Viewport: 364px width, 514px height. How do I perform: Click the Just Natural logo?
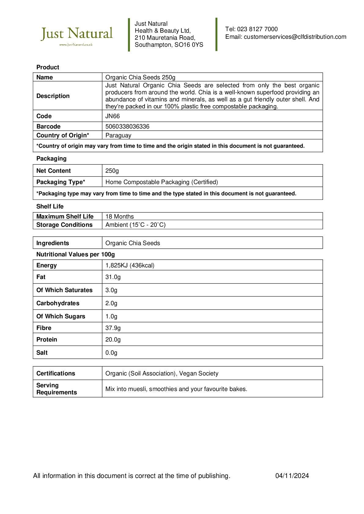pyautogui.click(x=77, y=34)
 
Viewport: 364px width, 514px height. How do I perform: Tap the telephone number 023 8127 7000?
pyautogui.click(x=257, y=29)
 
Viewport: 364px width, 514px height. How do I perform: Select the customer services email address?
pyautogui.click(x=295, y=37)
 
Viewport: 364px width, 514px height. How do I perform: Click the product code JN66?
pyautogui.click(x=112, y=116)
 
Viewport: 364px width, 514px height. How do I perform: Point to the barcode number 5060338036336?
pyautogui.click(x=127, y=127)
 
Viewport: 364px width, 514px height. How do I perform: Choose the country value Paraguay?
pyautogui.click(x=118, y=136)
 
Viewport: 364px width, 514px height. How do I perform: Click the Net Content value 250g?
pyautogui.click(x=112, y=171)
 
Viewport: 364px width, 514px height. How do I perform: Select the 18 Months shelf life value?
pyautogui.click(x=119, y=217)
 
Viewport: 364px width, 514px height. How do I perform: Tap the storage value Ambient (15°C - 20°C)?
pyautogui.click(x=135, y=225)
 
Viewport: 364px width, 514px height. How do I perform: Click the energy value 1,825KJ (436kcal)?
pyautogui.click(x=130, y=266)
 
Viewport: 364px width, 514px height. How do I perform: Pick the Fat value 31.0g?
pyautogui.click(x=113, y=277)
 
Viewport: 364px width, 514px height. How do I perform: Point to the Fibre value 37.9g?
pyautogui.click(x=113, y=328)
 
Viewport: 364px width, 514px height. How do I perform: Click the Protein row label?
pyautogui.click(x=47, y=340)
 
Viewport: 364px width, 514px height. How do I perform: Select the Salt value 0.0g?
pyautogui.click(x=111, y=353)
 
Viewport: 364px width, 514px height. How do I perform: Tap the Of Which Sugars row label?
pyautogui.click(x=61, y=317)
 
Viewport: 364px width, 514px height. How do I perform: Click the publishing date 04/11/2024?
pyautogui.click(x=292, y=476)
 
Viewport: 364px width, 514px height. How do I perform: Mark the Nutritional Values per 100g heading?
pyautogui.click(x=75, y=255)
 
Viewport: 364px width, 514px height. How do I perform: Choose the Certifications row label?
pyautogui.click(x=56, y=374)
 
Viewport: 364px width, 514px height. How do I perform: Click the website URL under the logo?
pyautogui.click(x=76, y=45)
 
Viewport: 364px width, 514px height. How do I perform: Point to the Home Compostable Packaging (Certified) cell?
pyautogui.click(x=162, y=182)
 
